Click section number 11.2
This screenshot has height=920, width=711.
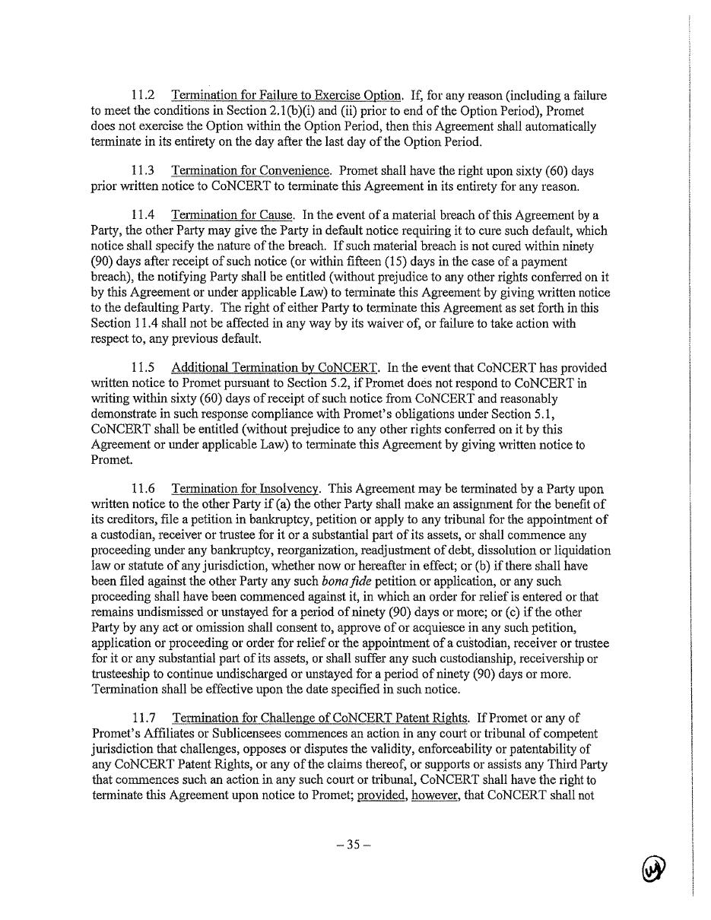[144, 96]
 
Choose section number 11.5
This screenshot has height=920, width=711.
[144, 368]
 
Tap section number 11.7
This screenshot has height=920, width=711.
[144, 719]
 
